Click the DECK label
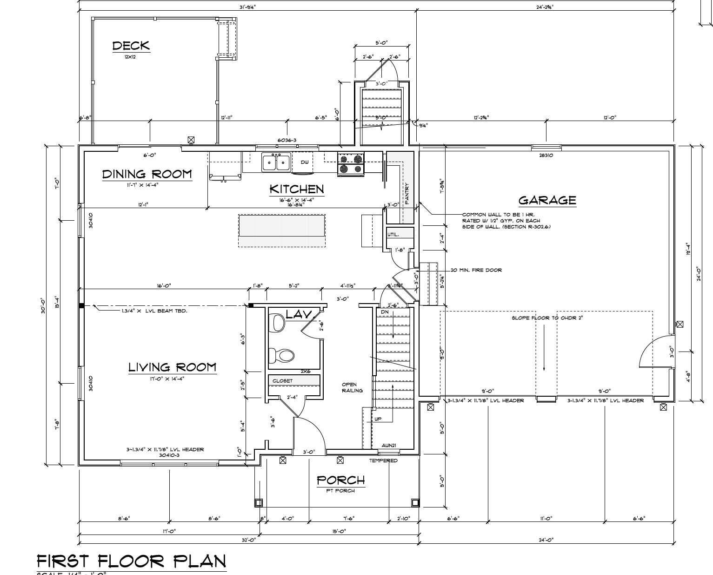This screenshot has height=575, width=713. (131, 46)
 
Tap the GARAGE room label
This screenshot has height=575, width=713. (547, 200)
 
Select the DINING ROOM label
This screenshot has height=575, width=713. (147, 174)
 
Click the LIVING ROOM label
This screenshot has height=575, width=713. (172, 367)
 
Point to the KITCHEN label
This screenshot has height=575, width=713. (297, 189)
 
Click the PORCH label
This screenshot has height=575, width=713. (341, 480)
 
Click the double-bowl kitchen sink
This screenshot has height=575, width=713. (276, 162)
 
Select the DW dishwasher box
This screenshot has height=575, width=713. (305, 162)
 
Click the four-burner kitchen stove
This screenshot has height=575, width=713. (351, 164)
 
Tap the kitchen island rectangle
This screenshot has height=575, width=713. (281, 226)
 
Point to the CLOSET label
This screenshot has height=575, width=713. (283, 381)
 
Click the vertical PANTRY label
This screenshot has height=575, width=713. (406, 193)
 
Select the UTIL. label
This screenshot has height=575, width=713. (393, 235)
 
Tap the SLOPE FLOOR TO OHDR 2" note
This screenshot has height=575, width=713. (547, 318)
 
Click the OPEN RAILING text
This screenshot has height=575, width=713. (352, 387)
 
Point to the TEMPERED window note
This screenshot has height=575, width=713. (383, 460)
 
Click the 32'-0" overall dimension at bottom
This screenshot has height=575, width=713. (249, 540)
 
